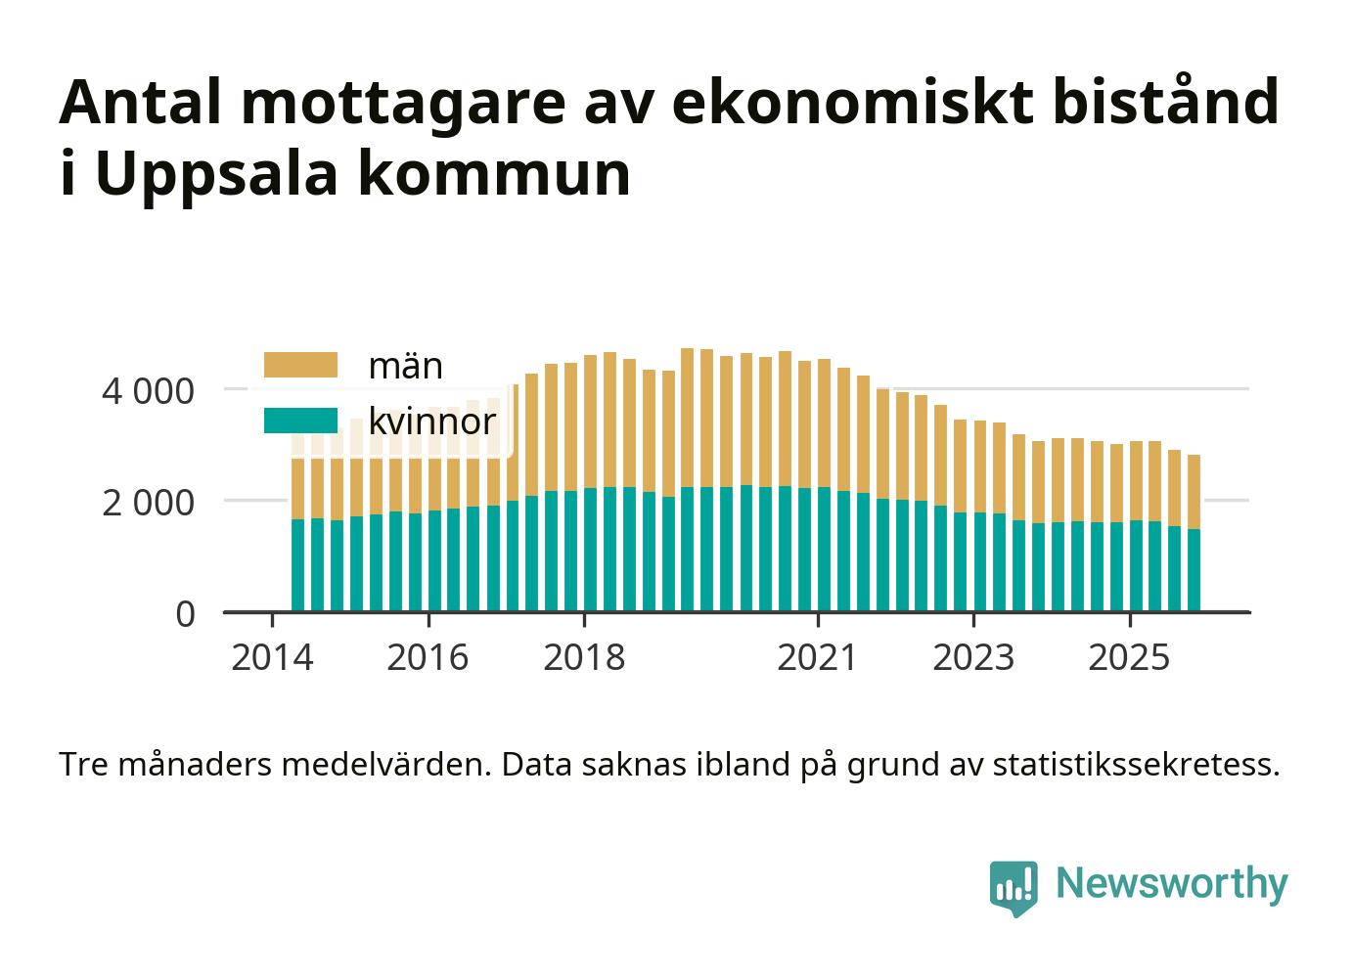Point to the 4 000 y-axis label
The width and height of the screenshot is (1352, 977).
(x=148, y=391)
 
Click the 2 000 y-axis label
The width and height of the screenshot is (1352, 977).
(x=148, y=503)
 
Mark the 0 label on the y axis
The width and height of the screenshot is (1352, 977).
(x=185, y=614)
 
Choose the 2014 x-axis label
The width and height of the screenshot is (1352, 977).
(x=272, y=657)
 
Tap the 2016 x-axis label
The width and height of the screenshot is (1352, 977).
(x=428, y=657)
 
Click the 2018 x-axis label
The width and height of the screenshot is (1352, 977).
(x=584, y=657)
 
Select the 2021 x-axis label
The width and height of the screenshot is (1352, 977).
(x=817, y=657)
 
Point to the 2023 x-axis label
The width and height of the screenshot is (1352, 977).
(x=973, y=657)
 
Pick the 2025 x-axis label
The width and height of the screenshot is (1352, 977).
(x=1129, y=657)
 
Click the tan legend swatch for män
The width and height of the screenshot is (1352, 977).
(x=300, y=366)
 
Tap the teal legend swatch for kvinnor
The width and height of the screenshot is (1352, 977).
(x=300, y=422)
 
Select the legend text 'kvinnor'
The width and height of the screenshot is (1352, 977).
(x=431, y=422)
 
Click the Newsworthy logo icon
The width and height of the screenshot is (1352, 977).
(x=1014, y=887)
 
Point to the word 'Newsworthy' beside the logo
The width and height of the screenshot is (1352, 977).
(x=1172, y=883)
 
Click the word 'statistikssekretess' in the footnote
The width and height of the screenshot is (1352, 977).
(x=1135, y=765)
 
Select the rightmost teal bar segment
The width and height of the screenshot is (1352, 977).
(x=1194, y=570)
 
